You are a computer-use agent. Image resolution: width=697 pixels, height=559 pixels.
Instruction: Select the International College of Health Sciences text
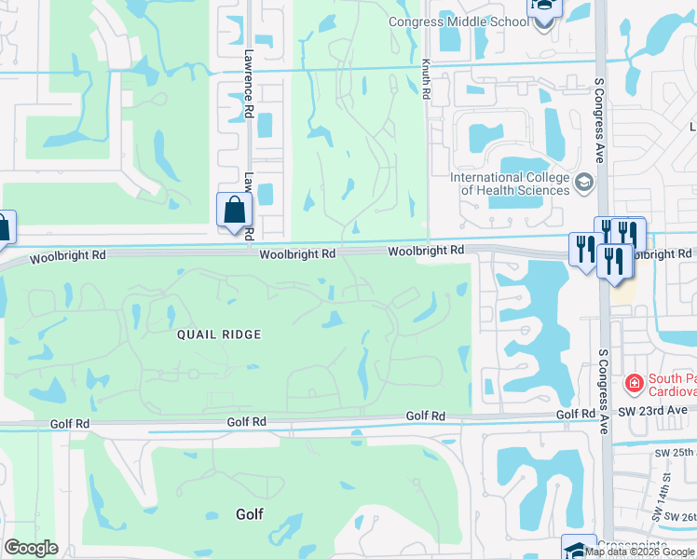coord(509,184)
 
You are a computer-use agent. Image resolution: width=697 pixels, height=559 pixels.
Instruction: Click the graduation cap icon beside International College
coord(584,181)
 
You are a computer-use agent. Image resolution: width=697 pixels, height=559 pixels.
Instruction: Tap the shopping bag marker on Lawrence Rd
coord(235,211)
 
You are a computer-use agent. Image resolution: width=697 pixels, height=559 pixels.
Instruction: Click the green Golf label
coord(250,513)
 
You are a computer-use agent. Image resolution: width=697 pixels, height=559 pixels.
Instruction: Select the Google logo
coord(31,548)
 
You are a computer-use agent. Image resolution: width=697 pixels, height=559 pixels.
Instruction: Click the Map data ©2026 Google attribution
coord(640,552)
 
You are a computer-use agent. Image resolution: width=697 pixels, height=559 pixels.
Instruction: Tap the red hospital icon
coord(634,382)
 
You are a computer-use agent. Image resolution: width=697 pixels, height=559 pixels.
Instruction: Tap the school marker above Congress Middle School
coord(543,8)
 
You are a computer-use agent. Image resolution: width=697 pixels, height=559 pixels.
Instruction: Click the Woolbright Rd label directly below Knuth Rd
coord(426,251)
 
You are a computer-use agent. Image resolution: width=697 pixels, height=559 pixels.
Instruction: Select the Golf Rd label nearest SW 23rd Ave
coord(575,414)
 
